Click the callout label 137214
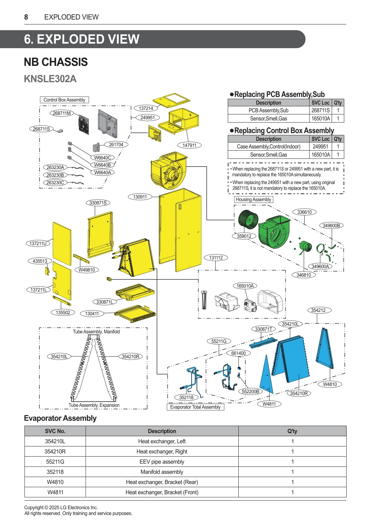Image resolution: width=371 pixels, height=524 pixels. pos(146,108)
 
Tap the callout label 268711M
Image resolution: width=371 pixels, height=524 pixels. pos(62,113)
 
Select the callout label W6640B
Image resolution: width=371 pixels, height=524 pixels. pos(102,165)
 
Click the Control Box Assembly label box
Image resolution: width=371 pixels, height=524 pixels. pos(64,100)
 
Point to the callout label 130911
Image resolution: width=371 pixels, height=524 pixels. pos(140,197)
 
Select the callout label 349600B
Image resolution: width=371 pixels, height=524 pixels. pos(331,225)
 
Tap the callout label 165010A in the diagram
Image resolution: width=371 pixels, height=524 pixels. pos(245,286)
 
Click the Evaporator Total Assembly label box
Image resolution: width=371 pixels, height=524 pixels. pos(195,407)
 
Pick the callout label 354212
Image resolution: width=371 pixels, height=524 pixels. pos(318,310)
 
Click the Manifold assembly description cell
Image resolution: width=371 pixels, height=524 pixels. pos(162,472)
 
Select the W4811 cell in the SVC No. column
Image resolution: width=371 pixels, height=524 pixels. pos(55,492)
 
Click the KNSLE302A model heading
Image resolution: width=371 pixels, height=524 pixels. pos(50,79)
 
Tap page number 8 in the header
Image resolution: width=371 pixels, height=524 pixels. pos(26,17)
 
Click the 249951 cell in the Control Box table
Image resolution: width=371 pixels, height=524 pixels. pos(320,147)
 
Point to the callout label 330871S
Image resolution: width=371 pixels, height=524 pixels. pos(98,203)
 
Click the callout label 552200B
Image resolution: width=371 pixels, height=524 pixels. pos(250,391)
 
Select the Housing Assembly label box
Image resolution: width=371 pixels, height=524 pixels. pos(253,200)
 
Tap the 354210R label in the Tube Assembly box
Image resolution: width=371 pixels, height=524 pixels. pos(130,356)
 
